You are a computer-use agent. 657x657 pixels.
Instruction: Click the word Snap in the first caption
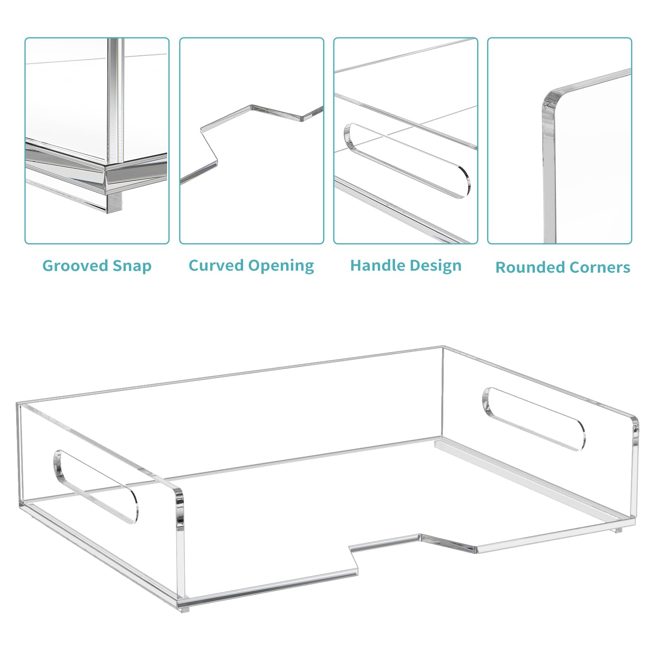[132, 266]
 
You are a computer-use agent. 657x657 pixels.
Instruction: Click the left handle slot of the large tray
[95, 487]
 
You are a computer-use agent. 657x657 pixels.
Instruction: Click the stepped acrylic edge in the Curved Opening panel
[251, 144]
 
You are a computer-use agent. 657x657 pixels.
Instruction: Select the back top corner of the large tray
[443, 347]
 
